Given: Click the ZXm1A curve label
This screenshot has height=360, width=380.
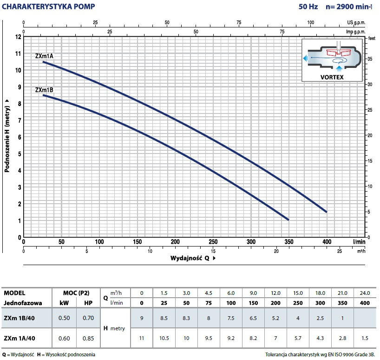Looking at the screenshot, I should [45, 56].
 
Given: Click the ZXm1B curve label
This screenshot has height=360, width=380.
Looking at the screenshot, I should [45, 90].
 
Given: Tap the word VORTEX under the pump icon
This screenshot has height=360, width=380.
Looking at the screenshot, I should [332, 77].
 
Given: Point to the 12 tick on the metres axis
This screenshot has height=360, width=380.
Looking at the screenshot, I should [18, 36].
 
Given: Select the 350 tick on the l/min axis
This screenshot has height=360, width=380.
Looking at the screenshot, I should [288, 242].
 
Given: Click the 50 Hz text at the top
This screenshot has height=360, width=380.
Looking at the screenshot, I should [308, 7].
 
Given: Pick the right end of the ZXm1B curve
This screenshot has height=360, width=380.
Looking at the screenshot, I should [288, 220].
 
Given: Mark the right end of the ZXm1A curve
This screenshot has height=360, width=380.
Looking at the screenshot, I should [327, 212].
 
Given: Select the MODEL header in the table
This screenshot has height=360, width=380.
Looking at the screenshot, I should [14, 293].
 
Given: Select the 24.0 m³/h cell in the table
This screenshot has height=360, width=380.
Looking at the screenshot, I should [365, 293].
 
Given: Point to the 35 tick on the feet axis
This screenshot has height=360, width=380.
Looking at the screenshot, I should [370, 59].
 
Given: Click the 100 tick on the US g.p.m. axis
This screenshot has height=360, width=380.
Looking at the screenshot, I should [311, 22].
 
